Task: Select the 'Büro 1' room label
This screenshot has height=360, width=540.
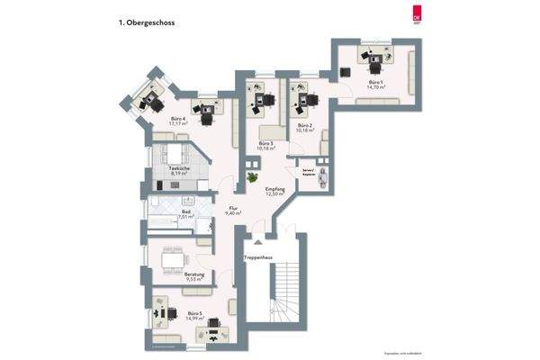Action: tap(375, 85)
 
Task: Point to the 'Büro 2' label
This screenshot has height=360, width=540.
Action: tap(303, 127)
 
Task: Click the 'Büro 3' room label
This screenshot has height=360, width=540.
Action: tap(265, 145)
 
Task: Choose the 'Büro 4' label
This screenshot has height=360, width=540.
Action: tap(178, 121)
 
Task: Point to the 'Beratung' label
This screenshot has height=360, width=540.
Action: tap(195, 275)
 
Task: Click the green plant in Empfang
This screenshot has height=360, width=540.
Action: tap(252, 180)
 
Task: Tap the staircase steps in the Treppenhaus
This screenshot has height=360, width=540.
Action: tap(286, 288)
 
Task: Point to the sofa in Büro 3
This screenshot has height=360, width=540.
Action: tap(266, 131)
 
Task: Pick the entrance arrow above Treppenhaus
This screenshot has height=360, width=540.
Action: tap(257, 243)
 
